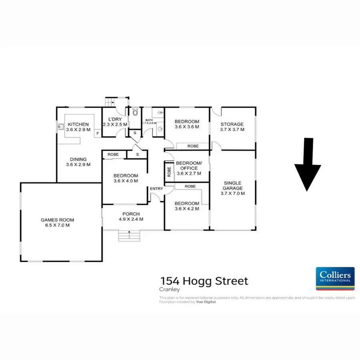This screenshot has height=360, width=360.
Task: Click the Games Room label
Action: pos(58,220)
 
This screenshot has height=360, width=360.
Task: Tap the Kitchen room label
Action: pos(78,124)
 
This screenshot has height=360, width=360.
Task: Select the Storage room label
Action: pos(232,124)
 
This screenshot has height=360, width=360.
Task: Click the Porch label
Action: pos(131,214)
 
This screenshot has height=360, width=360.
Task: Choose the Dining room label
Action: pos(78,159)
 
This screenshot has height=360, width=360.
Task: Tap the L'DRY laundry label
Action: pos(115,119)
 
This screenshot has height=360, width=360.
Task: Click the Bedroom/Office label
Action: pos(187,166)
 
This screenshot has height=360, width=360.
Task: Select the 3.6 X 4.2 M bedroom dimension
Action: pos(187,208)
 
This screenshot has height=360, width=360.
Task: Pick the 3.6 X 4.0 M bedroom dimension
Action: pos(126,181)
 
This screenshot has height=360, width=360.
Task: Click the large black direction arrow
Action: pos(308,164)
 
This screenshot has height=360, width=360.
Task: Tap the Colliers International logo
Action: pos(335,278)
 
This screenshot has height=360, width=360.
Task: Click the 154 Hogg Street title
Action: pos(204,281)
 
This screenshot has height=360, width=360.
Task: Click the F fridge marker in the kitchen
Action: pos(98,134)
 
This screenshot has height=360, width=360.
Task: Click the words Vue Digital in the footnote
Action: pos(206,302)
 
